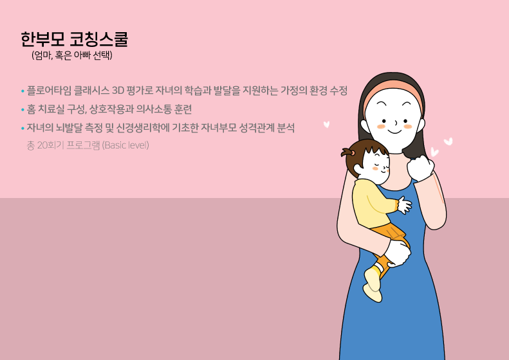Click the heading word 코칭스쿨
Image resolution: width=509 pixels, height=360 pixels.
99,39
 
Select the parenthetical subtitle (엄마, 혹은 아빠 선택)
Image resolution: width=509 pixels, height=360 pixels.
72,55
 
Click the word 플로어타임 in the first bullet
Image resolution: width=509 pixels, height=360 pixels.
49,91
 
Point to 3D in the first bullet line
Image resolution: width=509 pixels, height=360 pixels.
118,91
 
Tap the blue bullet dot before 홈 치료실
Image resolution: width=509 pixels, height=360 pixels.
23,110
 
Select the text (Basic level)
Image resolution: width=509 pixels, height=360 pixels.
125,145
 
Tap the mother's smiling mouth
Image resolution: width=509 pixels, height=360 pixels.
394,132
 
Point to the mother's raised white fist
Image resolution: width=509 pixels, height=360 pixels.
421,168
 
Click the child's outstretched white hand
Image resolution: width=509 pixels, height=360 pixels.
404,205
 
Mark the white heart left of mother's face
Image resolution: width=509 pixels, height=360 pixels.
326,124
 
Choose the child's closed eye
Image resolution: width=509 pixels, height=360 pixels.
378,161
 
